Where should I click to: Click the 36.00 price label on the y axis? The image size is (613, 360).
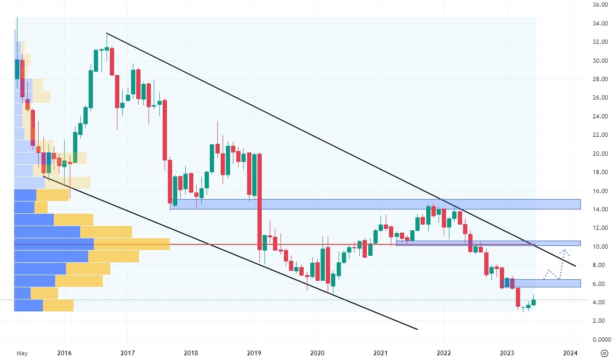point(598,5)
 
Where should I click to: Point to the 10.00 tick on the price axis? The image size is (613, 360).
point(598,246)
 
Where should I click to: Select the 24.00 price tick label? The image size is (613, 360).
point(598,116)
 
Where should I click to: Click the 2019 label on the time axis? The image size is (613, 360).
point(254,352)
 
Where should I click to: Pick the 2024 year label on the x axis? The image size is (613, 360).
point(570,352)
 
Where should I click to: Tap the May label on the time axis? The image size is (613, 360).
point(22,352)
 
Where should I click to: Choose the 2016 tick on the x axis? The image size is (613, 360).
point(64,352)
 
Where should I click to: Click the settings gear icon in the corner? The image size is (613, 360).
point(605,353)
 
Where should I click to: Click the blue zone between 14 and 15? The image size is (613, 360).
point(377,204)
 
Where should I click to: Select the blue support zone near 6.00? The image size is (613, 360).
point(547,283)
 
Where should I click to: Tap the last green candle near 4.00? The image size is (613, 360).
point(534,302)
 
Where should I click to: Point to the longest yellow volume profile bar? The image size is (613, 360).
point(132,244)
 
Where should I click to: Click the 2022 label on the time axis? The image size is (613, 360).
point(444,352)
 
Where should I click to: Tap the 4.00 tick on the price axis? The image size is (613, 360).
point(598,302)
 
